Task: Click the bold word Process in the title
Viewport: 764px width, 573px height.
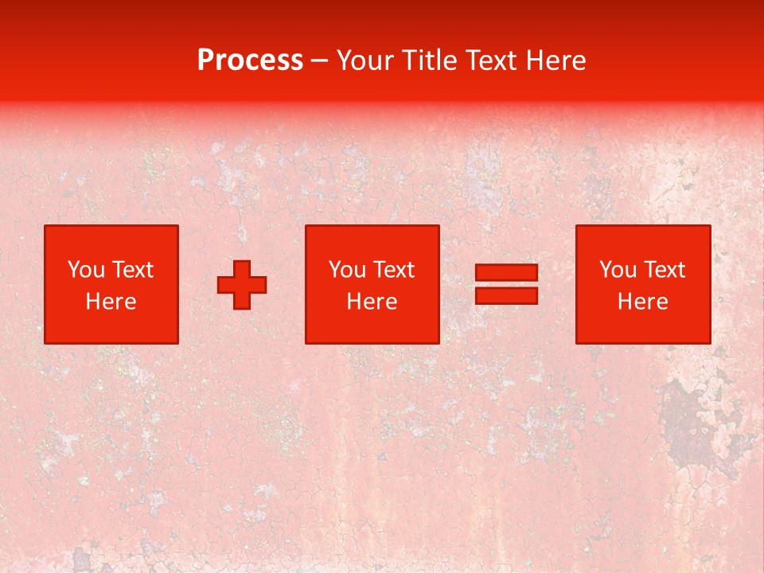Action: tap(250, 60)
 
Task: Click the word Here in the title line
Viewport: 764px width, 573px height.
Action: tap(557, 60)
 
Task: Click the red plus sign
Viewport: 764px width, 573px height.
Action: tap(242, 285)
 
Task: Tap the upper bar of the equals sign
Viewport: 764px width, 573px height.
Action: tap(506, 273)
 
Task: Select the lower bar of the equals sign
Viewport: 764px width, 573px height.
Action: tap(506, 295)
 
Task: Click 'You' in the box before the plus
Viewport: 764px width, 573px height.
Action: tap(86, 270)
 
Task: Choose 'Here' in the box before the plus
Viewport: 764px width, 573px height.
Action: tap(111, 302)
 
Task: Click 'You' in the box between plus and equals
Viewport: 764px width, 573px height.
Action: tap(347, 270)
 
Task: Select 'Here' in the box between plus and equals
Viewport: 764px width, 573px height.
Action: tap(372, 302)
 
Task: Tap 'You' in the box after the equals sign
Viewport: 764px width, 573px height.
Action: tap(618, 270)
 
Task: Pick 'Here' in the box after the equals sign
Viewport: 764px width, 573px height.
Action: tap(643, 302)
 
